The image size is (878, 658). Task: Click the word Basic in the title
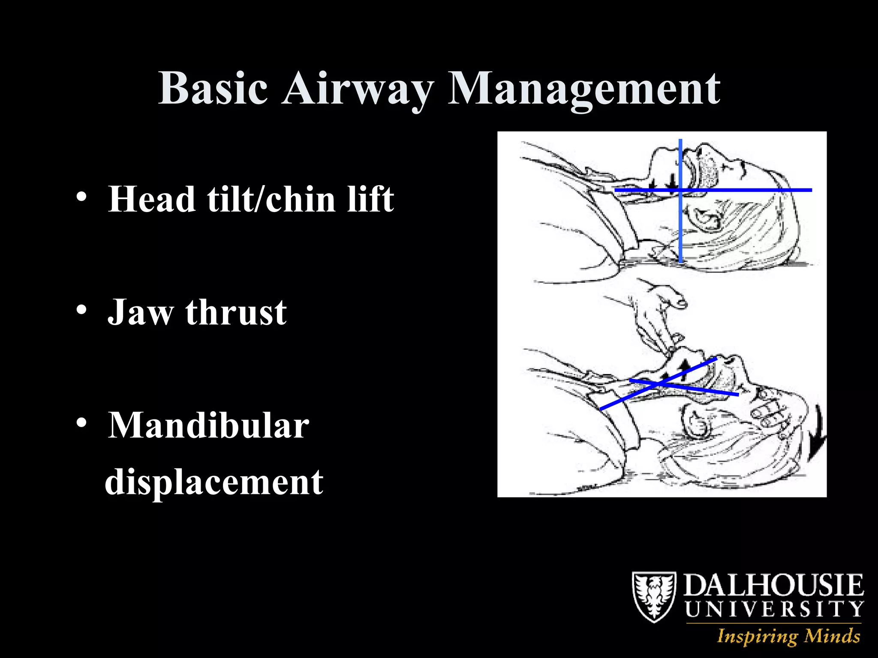[213, 88]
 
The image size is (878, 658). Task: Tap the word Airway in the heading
[357, 89]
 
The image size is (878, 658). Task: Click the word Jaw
[140, 312]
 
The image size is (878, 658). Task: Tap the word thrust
[236, 312]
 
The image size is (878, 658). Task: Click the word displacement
[214, 482]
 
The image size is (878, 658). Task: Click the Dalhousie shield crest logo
[654, 597]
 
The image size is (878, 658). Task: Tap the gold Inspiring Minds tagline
[788, 636]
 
